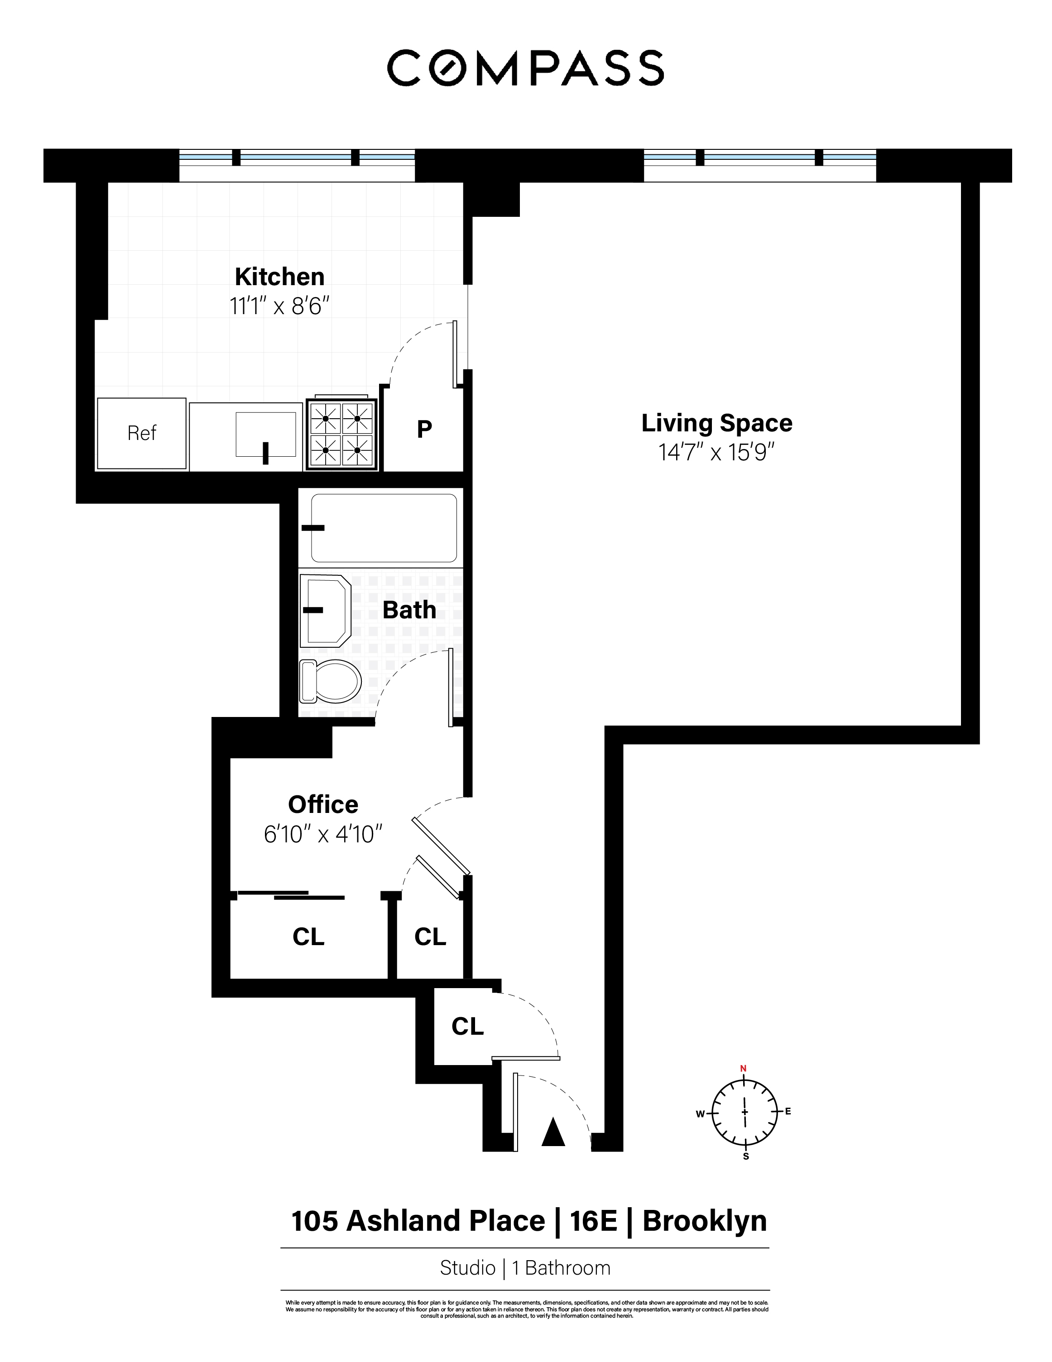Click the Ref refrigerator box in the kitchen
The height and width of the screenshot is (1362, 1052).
[x=142, y=434]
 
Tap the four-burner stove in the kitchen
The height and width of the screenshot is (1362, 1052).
[x=341, y=435]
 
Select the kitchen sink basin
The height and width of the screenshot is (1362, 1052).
[x=265, y=434]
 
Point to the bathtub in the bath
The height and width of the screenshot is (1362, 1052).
[x=384, y=528]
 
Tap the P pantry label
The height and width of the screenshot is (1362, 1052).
[x=424, y=429]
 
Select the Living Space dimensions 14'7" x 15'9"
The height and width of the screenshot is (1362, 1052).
[x=716, y=452]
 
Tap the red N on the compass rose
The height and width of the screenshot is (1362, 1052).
[x=743, y=1068]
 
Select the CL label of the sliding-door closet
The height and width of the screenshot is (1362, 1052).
[x=308, y=937]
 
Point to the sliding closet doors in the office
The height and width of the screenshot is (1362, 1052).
[x=291, y=895]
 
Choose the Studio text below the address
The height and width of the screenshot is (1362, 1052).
[x=467, y=1268]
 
